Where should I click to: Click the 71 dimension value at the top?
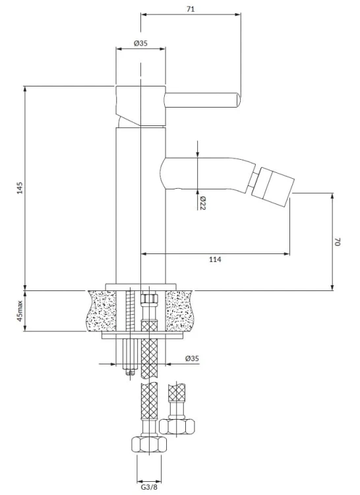pos(191,9)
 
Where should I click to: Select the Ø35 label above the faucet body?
pos(140,44)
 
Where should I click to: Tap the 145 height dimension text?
pos(20,187)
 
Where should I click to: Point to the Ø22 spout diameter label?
pos(202,203)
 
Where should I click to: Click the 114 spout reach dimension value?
pos(216,259)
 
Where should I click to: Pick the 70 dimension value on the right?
pos(338,242)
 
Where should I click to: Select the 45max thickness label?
pos(20,311)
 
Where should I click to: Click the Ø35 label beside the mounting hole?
pos(193,358)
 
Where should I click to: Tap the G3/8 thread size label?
pos(149,487)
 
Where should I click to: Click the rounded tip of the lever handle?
pos(238,100)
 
